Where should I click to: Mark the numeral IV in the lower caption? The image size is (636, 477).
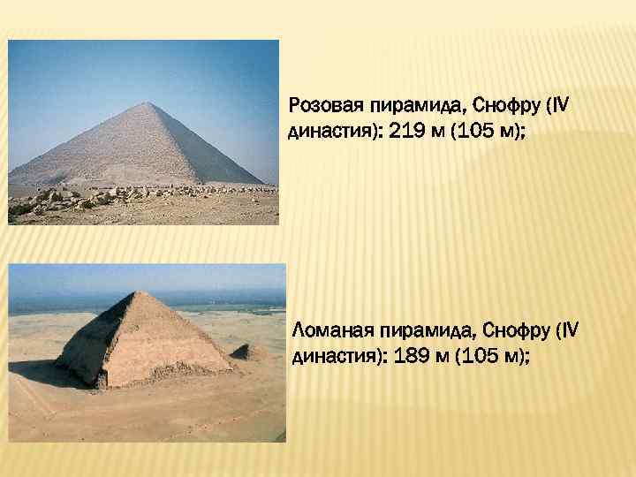570,331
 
